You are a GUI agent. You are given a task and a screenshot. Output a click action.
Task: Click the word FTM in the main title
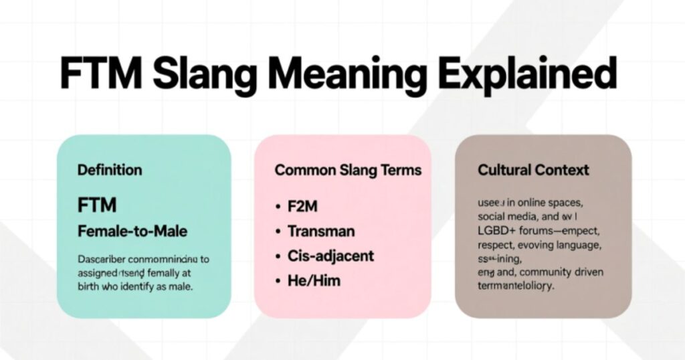click(100, 74)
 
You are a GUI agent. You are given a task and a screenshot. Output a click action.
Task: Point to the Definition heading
click(110, 170)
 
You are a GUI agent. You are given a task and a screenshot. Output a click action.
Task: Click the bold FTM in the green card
click(98, 204)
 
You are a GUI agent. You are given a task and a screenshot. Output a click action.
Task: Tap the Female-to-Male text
click(132, 232)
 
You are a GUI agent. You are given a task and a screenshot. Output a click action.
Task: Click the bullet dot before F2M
click(278, 207)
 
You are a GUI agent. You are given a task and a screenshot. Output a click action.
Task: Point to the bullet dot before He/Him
click(278, 280)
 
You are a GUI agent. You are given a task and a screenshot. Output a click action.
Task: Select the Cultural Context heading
click(533, 170)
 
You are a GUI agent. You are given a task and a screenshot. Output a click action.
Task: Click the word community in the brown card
click(535, 272)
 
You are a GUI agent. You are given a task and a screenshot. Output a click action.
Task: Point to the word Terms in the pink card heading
click(401, 170)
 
